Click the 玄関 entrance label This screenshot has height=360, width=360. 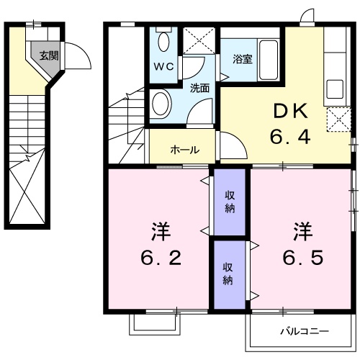point(49,55)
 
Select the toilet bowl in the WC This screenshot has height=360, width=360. point(163,41)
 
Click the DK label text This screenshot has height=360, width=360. point(290,111)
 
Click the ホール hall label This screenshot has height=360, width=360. point(185,150)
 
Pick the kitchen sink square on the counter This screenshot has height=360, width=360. point(335,89)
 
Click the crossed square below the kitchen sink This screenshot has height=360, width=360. point(336,120)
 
